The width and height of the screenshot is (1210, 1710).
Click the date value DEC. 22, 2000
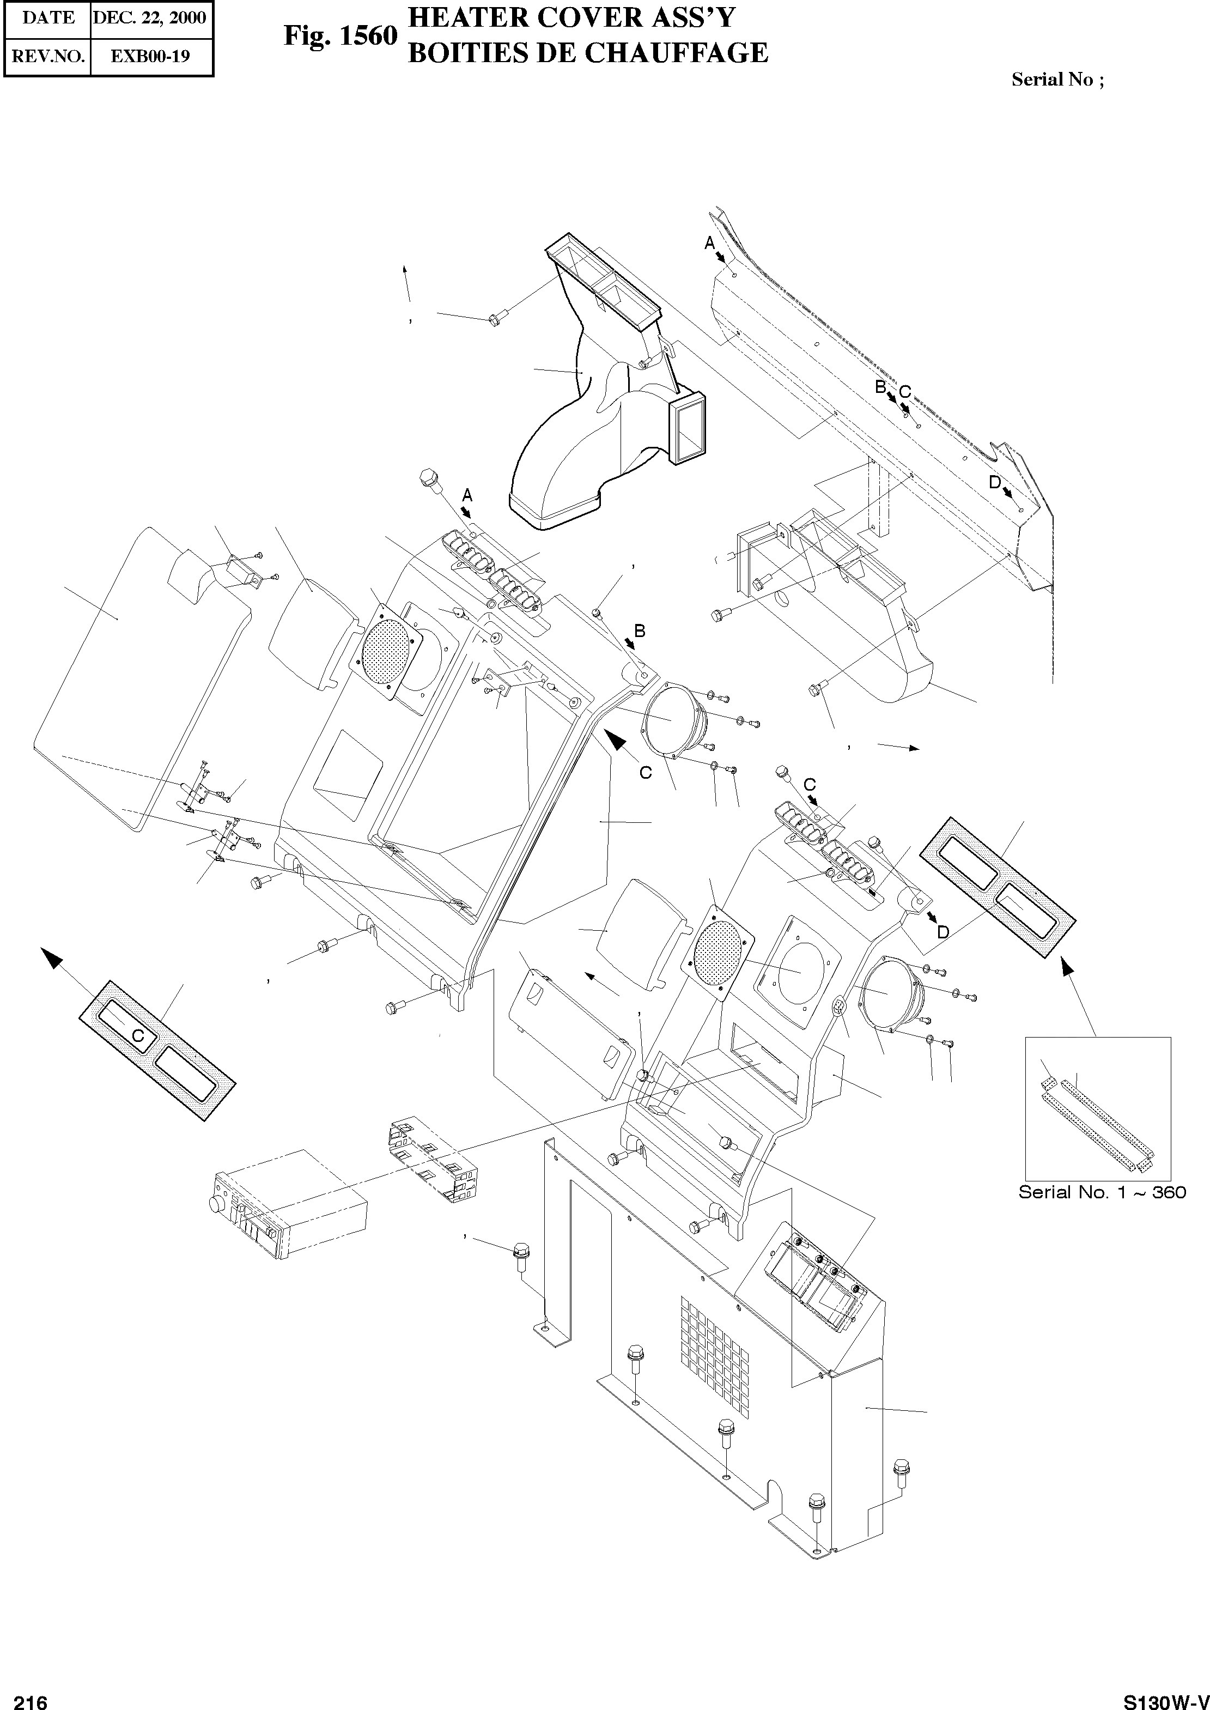coord(150,18)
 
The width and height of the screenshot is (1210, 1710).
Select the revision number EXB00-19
coord(150,56)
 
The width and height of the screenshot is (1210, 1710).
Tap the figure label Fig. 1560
coord(340,36)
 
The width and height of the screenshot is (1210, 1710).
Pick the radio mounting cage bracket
coord(431,1160)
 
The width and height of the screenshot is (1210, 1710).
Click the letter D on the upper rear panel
coord(995,482)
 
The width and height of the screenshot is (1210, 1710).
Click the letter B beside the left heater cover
coord(639,631)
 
